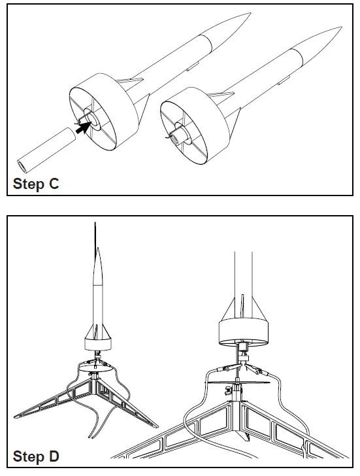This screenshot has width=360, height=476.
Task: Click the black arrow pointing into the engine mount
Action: [x=81, y=129]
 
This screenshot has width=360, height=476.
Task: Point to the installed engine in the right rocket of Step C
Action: [x=177, y=137]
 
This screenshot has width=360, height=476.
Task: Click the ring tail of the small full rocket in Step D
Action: [x=99, y=342]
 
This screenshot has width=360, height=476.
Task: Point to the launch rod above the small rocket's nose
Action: [x=96, y=232]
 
